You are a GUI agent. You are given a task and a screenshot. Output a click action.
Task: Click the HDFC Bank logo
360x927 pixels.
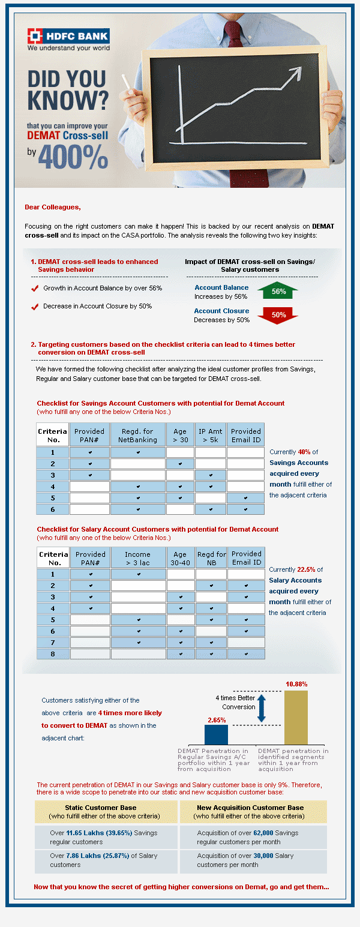[68, 39]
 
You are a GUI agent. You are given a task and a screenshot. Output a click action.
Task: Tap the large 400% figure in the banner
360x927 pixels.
[73, 157]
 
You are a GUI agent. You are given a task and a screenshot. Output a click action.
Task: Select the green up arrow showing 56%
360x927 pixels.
[278, 291]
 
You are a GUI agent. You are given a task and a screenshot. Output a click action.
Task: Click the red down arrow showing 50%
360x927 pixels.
[278, 314]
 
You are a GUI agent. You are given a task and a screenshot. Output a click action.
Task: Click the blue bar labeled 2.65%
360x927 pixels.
[216, 734]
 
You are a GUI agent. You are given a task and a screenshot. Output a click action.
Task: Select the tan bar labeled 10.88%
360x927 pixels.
[296, 717]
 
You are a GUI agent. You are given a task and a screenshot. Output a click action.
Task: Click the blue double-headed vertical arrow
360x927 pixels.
[261, 707]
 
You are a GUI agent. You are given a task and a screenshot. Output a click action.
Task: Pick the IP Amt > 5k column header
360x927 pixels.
[211, 435]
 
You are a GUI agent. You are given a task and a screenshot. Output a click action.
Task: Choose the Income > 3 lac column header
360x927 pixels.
[138, 559]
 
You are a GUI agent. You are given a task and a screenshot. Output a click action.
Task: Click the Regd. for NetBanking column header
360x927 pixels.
[137, 435]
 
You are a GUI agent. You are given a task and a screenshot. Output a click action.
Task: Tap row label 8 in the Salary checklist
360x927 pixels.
[53, 653]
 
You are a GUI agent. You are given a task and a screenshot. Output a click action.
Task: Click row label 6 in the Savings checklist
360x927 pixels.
[53, 509]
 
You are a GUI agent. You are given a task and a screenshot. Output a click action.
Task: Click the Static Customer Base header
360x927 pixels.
[104, 808]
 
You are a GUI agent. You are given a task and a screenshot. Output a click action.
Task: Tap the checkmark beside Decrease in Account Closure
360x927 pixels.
[35, 307]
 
